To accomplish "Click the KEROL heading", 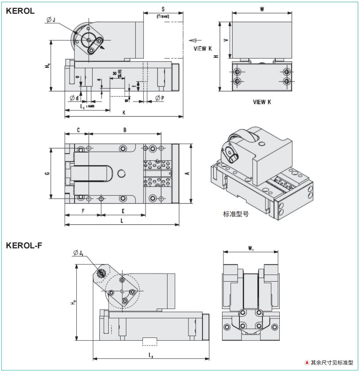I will click(20, 11).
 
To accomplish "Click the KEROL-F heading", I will click(24, 245).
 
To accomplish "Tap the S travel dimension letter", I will click(163, 9).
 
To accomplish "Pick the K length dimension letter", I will click(124, 113).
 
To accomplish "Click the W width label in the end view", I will click(262, 9).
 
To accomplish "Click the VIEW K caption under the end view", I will click(262, 102).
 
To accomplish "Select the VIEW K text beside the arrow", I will click(203, 48).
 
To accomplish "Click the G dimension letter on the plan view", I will click(47, 173).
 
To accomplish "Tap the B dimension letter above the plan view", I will click(125, 130).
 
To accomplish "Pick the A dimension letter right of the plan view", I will click(187, 173).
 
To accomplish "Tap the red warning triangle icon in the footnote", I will click(306, 362).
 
